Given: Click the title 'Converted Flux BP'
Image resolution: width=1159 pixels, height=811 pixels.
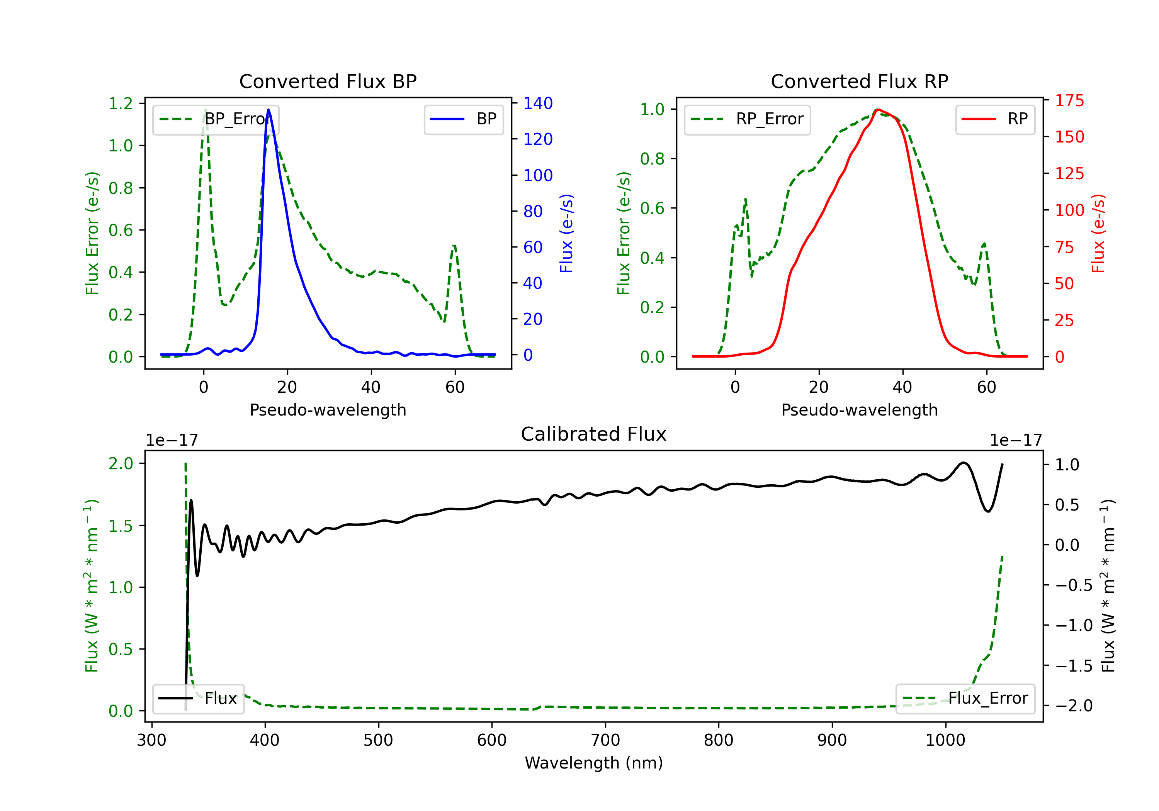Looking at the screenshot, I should point(328,81).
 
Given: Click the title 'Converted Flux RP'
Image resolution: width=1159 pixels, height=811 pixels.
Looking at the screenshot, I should point(859,81).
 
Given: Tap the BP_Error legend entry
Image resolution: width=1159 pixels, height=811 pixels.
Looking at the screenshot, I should point(216,119).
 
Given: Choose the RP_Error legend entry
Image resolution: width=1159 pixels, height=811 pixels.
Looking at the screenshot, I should point(747,119).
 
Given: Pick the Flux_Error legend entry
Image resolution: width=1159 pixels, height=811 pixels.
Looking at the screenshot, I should point(965,699).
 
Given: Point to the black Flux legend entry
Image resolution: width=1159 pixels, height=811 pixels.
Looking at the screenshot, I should point(199,699).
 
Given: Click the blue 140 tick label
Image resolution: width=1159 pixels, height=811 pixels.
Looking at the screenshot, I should point(538,103).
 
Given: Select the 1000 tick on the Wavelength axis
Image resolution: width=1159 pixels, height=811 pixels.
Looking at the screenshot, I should point(945,740).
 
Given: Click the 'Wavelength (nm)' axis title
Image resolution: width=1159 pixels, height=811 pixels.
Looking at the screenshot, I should point(594,763).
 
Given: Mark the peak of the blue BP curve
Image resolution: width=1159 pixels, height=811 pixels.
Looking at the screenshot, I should point(268,110).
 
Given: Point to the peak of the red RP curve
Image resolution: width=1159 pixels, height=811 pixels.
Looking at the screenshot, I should point(878,110).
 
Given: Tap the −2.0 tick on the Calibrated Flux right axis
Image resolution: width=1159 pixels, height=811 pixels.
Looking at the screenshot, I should point(1074,706).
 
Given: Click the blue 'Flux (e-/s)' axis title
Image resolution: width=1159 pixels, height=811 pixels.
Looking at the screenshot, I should point(566,233).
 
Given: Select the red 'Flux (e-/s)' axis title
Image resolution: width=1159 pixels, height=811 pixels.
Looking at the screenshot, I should point(1098,233).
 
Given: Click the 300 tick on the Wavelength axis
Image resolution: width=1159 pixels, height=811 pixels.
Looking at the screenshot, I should point(151,740).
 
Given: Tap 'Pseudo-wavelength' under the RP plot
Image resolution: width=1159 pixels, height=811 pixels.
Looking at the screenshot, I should point(859,410).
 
